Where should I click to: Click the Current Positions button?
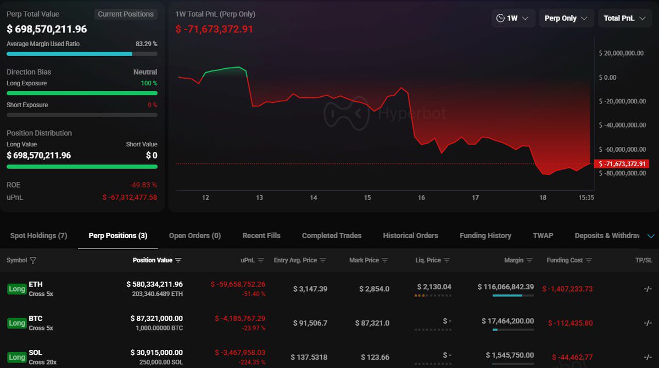[126, 14]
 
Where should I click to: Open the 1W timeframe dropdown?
[513, 18]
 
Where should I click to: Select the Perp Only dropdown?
[566, 18]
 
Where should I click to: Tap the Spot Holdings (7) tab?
[38, 235]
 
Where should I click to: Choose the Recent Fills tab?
[261, 235]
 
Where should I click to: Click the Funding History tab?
[485, 235]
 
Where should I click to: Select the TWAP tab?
[543, 235]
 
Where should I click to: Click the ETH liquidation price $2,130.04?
[434, 287]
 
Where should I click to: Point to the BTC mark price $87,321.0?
[375, 323]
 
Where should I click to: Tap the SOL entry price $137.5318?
[309, 357]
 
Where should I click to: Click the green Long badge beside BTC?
[16, 323]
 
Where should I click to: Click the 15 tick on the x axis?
[367, 197]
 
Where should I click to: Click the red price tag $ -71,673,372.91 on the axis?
[623, 164]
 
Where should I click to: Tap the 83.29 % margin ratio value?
[146, 43]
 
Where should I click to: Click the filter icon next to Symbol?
[33, 260]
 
